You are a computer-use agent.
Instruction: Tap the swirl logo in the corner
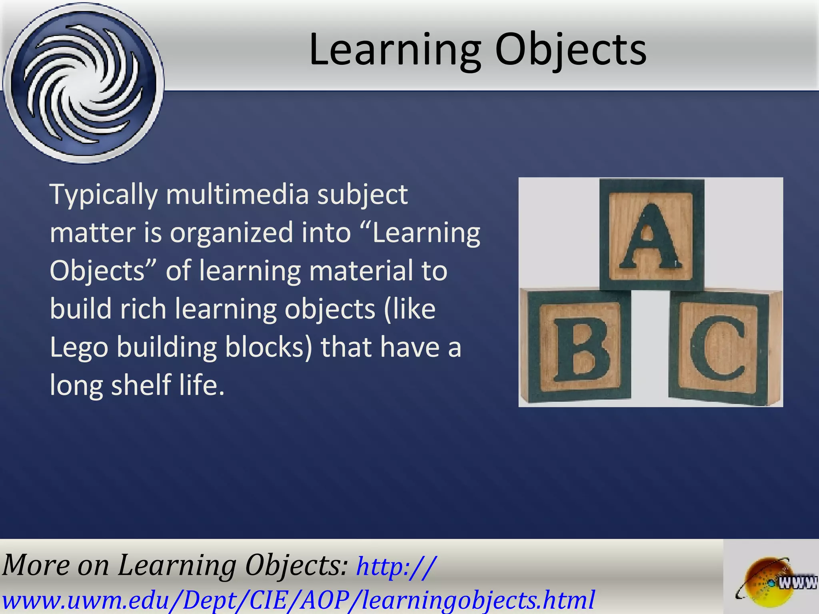coord(83,83)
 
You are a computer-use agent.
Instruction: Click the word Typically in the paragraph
coord(104,195)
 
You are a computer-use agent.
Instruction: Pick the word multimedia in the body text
coord(237,194)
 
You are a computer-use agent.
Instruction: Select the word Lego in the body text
coord(79,347)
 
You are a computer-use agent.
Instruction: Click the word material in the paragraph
coord(361,271)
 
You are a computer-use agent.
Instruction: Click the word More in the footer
coord(36,565)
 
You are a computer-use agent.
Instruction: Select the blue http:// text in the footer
coord(396,566)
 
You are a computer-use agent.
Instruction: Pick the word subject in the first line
coord(362,195)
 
